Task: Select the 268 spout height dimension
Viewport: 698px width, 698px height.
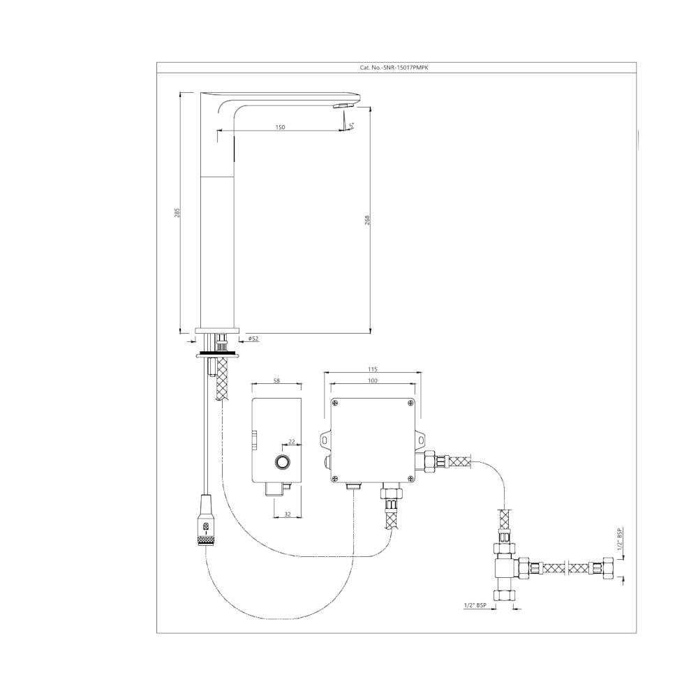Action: coord(367,219)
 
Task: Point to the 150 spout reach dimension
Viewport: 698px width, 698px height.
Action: coord(280,127)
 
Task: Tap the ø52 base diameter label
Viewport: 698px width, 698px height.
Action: coord(253,339)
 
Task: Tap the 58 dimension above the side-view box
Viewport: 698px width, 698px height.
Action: coord(277,380)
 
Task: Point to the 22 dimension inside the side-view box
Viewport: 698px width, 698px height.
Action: coord(292,440)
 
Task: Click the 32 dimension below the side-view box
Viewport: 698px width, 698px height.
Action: coord(287,514)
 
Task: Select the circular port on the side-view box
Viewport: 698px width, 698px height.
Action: coord(283,462)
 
